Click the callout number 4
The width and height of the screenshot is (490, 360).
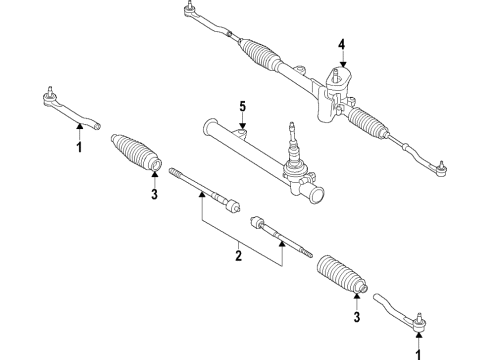[341, 44]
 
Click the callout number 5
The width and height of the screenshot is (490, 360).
[241, 107]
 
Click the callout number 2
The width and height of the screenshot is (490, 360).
[238, 257]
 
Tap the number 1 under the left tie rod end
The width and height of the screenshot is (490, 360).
[77, 148]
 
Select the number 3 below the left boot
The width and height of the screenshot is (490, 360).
[154, 195]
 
